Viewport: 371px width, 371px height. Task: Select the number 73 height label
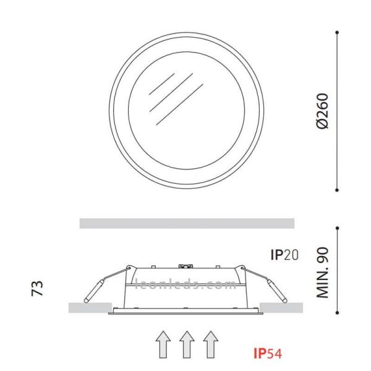(38, 288)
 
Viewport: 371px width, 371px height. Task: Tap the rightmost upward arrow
(211, 345)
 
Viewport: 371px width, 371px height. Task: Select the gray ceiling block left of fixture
(87, 307)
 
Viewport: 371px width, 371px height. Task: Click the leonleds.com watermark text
(185, 286)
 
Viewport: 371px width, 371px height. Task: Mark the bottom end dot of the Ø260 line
(338, 190)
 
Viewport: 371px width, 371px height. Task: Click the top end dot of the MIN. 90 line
(338, 227)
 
